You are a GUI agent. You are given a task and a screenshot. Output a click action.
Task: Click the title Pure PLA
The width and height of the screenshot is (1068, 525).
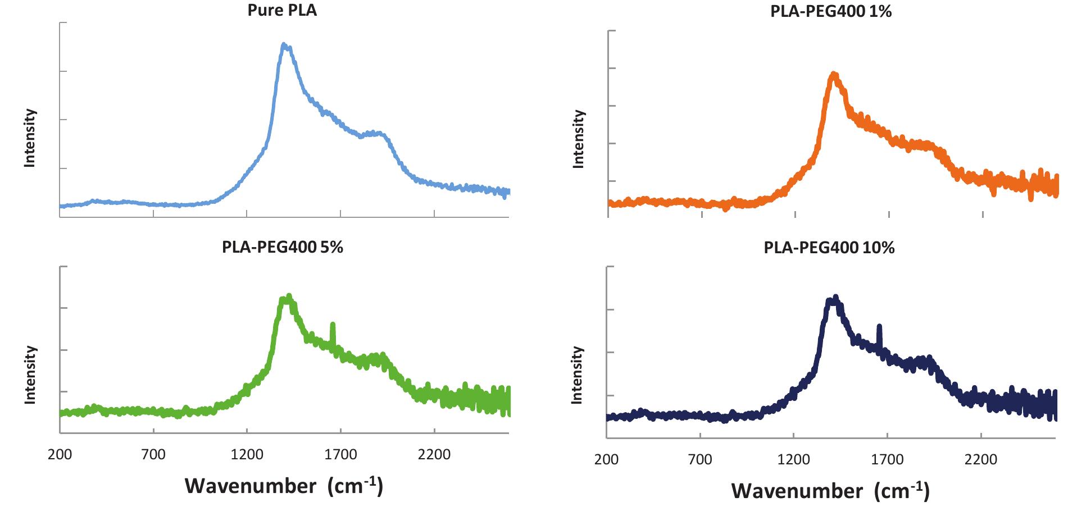(x=282, y=11)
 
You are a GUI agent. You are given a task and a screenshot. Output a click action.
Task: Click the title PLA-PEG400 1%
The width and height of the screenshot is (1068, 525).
(x=830, y=11)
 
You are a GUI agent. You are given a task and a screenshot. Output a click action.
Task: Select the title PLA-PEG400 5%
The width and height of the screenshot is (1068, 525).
(x=282, y=247)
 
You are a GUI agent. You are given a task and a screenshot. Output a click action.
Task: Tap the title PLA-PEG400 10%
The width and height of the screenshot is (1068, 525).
(x=829, y=248)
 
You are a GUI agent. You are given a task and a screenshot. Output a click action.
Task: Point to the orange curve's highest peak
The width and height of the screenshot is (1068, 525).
(x=834, y=75)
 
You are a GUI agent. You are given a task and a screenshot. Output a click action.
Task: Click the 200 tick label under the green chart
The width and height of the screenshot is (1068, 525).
(x=60, y=454)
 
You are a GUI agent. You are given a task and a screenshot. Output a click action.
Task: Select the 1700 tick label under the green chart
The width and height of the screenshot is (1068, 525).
(x=340, y=454)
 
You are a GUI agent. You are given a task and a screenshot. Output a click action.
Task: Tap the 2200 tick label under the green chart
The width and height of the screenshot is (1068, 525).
(x=434, y=454)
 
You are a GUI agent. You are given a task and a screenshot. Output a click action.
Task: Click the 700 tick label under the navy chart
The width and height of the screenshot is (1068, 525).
(x=699, y=460)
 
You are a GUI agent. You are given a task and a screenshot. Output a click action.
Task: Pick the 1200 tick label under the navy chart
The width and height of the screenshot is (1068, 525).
(x=793, y=460)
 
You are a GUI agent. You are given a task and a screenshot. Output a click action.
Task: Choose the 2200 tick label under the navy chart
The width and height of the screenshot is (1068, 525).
(x=980, y=460)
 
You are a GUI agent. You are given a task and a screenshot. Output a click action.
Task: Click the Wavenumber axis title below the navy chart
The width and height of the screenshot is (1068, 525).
(x=830, y=491)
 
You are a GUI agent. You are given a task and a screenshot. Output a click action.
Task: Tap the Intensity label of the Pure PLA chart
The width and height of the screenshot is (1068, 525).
(x=30, y=138)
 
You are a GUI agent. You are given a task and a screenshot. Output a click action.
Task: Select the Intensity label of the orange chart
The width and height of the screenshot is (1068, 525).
(x=578, y=139)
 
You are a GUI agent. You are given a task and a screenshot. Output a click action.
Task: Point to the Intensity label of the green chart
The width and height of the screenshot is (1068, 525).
(x=30, y=375)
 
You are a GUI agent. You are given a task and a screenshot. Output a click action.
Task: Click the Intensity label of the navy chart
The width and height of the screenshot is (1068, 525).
(x=577, y=375)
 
